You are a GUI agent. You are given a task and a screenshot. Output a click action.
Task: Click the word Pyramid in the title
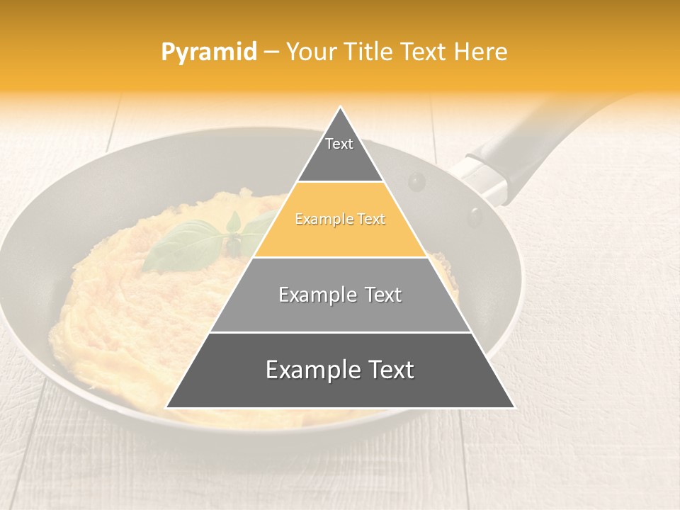208,52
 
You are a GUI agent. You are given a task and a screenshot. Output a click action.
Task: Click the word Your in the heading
310,52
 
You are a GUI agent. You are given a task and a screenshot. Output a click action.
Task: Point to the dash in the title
271,52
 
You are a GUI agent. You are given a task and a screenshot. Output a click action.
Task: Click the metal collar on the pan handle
482,177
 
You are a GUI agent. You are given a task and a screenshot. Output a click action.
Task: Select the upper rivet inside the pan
416,182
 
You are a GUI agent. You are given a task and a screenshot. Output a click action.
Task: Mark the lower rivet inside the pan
474,215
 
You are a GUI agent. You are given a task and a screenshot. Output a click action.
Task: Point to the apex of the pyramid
341,108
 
